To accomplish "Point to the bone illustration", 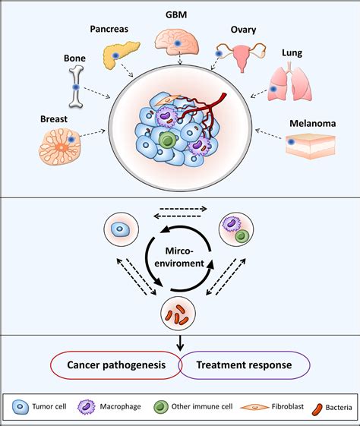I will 75,87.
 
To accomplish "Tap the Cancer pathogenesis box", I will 115,364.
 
